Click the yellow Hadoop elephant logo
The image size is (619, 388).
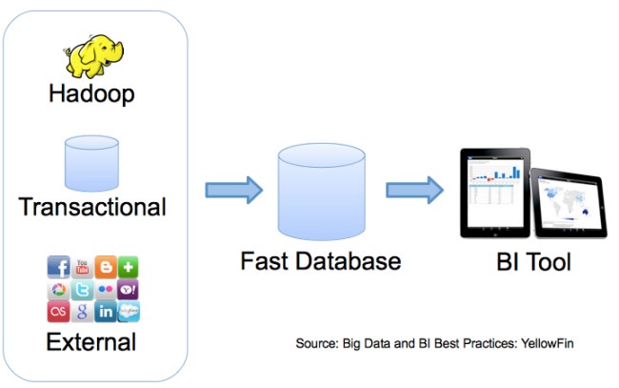[93, 55]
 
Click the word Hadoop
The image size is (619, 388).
[91, 94]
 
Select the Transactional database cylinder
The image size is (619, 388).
[91, 164]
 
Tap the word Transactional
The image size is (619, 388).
[92, 207]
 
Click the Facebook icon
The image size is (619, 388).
[58, 267]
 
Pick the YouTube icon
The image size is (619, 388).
[82, 266]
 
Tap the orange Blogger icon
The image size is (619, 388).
[105, 267]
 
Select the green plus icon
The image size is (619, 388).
[129, 267]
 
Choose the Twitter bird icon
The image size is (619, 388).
[82, 290]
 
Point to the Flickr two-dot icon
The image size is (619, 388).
[105, 290]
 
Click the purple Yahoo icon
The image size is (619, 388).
[129, 290]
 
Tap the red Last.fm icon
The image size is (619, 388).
[58, 312]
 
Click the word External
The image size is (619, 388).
[92, 341]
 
